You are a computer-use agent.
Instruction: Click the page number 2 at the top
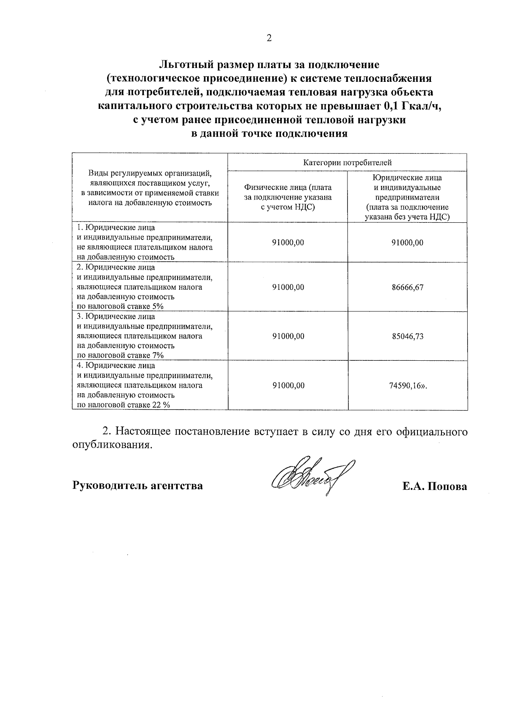tap(269, 38)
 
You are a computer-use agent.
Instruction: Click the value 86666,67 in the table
tap(407, 287)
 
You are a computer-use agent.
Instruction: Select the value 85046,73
tap(407, 336)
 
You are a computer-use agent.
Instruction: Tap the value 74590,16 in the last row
tap(405, 385)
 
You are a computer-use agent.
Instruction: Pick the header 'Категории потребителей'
tap(347, 162)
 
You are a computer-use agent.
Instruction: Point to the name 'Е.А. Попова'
tap(434, 486)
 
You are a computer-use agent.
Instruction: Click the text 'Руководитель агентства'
tap(137, 486)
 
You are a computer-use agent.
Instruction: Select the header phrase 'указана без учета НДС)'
tap(407, 217)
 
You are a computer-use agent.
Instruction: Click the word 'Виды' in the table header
tap(97, 173)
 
